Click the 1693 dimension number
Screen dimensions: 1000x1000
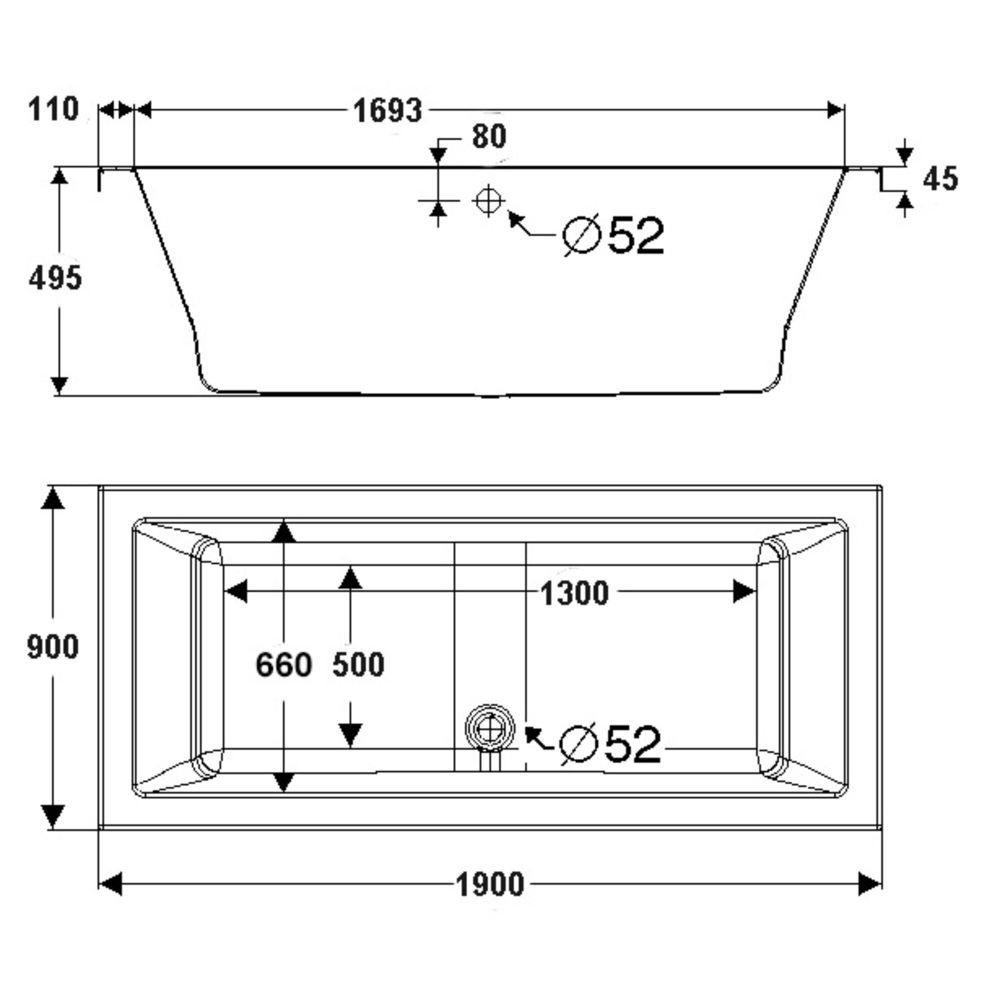(387, 111)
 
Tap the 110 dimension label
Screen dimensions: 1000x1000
(53, 109)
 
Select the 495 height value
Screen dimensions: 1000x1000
(55, 278)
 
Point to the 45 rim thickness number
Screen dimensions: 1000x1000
(940, 179)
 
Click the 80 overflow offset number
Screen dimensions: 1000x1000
(488, 136)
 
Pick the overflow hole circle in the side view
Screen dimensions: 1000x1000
(488, 200)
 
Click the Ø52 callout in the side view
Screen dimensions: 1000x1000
(614, 235)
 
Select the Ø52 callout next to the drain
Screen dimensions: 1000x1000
(611, 744)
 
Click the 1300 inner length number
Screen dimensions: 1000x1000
(574, 593)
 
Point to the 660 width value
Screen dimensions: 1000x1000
(283, 664)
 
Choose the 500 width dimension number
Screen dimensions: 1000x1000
(358, 664)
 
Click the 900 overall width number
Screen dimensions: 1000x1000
(53, 647)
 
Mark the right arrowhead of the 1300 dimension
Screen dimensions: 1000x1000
(744, 591)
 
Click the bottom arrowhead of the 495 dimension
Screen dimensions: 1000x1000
(59, 384)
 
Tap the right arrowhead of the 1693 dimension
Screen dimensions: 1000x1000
(834, 109)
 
